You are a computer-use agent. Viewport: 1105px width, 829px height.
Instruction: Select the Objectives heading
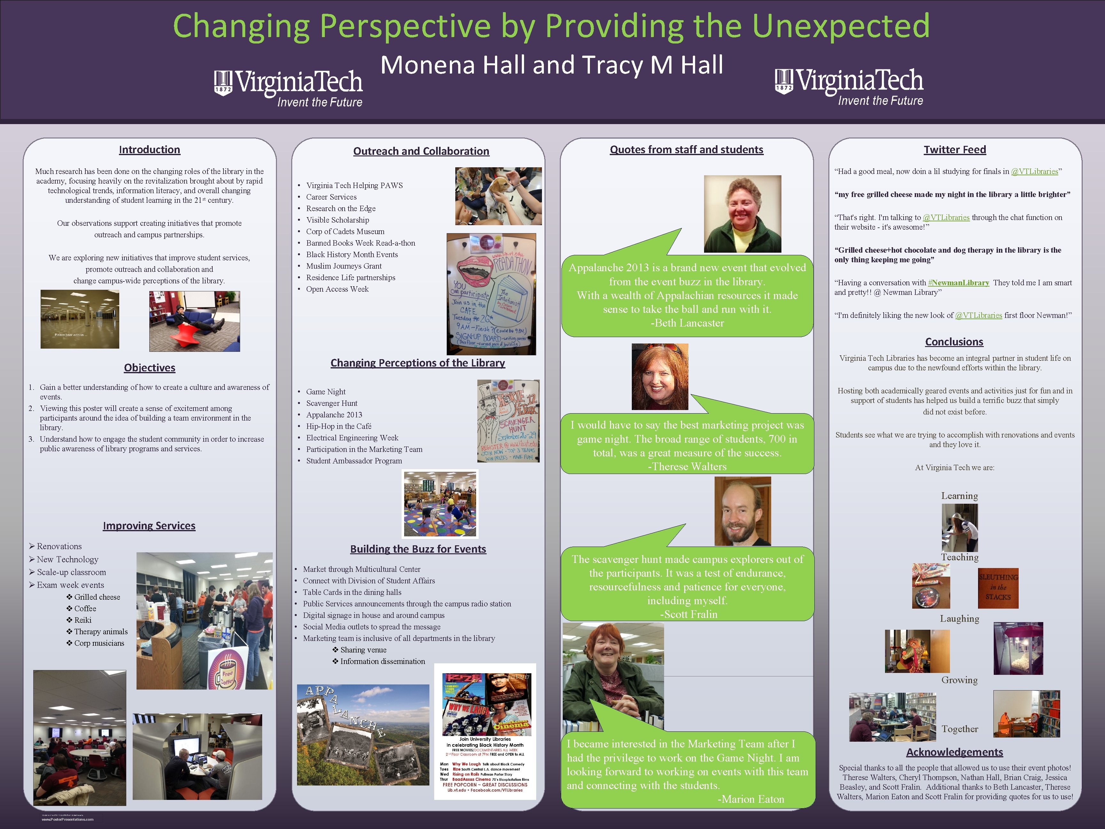149,368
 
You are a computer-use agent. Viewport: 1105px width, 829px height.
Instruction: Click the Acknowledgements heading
954,752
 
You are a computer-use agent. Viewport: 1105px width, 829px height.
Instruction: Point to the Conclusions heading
954,342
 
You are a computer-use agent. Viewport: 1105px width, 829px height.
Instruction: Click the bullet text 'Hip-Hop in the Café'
339,426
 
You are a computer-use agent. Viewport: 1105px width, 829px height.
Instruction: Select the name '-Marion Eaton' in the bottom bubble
750,799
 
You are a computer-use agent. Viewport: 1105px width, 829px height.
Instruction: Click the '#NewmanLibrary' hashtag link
958,283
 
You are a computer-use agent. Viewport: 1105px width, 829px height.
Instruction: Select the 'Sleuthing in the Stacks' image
998,588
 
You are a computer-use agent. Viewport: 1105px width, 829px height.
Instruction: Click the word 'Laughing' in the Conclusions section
959,619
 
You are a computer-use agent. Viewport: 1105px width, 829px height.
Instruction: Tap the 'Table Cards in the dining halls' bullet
352,592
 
